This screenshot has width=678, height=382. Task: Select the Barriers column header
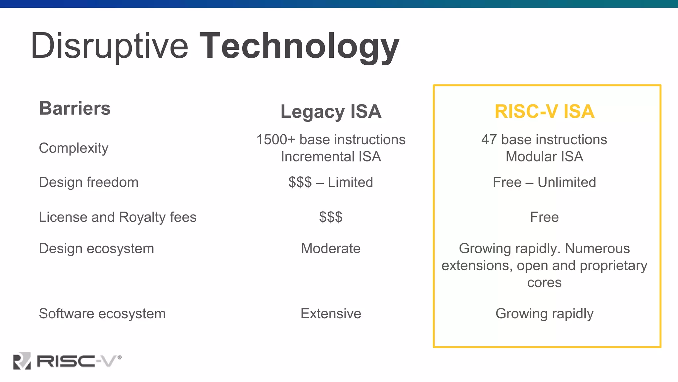point(75,108)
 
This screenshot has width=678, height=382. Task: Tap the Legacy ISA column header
point(331,111)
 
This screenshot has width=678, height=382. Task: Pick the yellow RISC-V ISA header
point(544,111)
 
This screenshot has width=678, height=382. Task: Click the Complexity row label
point(73,148)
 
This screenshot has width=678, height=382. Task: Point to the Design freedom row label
point(88,182)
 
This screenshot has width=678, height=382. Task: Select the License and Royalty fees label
point(118,217)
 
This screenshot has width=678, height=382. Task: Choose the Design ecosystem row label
point(96,249)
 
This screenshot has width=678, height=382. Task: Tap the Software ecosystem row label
point(102,314)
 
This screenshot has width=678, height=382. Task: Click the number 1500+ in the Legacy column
point(276,140)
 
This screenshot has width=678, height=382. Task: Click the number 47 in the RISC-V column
point(489,140)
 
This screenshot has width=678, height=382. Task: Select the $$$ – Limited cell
point(331,182)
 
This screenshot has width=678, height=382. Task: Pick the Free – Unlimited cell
point(544,182)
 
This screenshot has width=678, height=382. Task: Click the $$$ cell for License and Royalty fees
point(331,217)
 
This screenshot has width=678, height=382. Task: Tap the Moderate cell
point(331,249)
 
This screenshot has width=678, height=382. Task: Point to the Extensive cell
point(331,314)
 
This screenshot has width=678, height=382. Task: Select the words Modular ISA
point(544,157)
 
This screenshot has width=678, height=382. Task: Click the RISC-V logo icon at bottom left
point(22,361)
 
